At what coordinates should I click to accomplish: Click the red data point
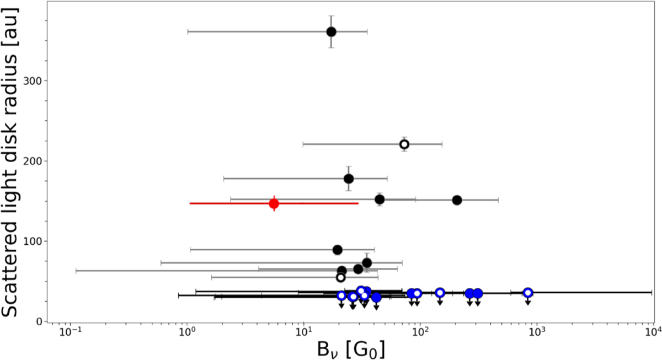pos(274,203)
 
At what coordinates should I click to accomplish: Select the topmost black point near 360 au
pos(331,31)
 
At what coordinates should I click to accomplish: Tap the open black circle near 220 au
pos(404,144)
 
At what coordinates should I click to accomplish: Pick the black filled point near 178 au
pos(348,179)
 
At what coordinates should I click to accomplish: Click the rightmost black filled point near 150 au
pos(457,200)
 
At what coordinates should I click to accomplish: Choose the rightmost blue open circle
pos(528,293)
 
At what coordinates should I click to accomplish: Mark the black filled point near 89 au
pos(338,250)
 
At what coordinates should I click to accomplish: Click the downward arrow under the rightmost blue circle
pos(528,301)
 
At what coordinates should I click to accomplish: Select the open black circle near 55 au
pos(341,277)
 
